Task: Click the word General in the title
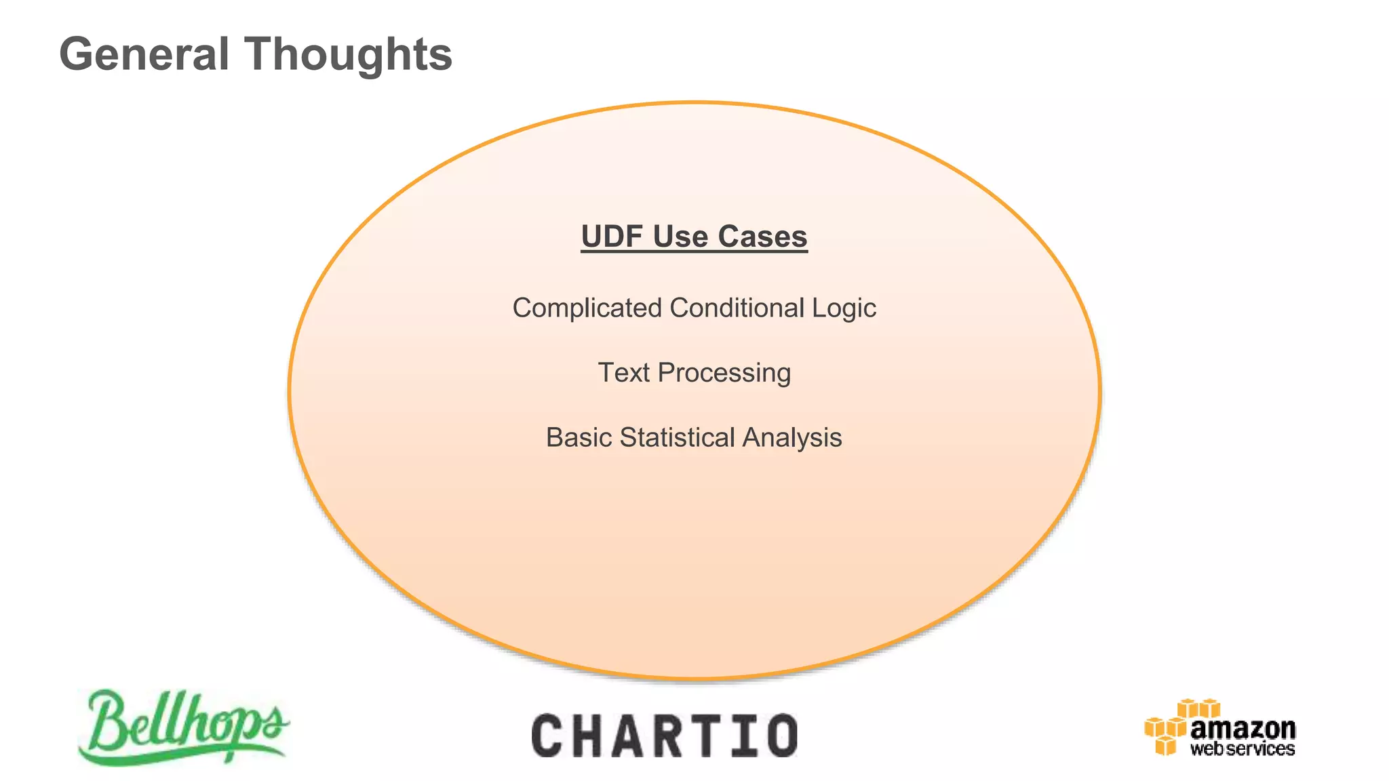click(144, 54)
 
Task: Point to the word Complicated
click(587, 308)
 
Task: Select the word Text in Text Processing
click(623, 373)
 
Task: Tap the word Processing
click(724, 374)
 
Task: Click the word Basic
click(579, 438)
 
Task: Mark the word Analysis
click(791, 438)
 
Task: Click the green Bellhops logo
click(183, 727)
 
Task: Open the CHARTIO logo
click(665, 736)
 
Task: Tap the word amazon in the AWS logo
click(1243, 729)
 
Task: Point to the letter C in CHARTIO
click(548, 736)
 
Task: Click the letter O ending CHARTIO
click(782, 736)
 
